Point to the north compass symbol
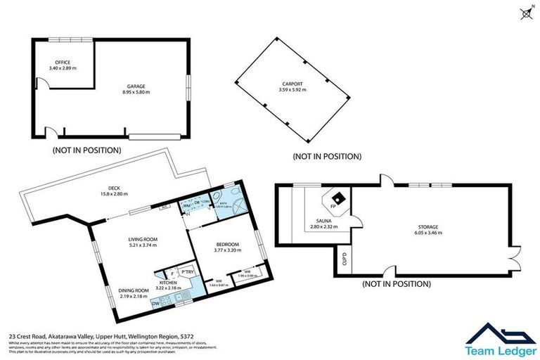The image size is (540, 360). coord(524,12)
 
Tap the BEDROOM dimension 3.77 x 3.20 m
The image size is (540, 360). coord(227,250)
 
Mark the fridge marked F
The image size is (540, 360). coord(172,274)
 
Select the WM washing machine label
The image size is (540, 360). coord(187,205)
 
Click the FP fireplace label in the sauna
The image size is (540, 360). coord(333,207)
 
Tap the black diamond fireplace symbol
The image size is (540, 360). coord(338,197)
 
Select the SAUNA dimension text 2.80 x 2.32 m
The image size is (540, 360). coord(323,227)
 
